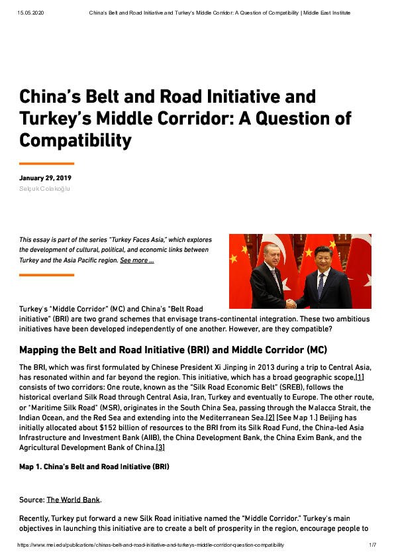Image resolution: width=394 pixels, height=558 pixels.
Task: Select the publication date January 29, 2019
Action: [x=45, y=178]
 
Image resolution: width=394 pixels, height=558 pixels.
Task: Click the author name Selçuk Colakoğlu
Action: [x=44, y=189]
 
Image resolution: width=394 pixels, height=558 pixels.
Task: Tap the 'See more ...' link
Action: [x=137, y=261]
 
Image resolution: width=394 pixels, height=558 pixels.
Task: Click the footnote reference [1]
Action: [x=360, y=377]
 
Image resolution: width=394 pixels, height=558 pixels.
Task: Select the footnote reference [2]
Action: [x=270, y=418]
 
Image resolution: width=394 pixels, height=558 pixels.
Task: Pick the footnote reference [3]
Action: [x=160, y=447]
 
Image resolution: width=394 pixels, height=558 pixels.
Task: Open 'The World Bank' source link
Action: [x=74, y=499]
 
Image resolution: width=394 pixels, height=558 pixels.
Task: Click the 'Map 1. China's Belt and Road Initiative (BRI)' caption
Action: [x=94, y=467]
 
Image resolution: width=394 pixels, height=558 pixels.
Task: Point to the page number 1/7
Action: [x=372, y=545]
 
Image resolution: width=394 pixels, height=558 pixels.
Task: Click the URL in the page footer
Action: [x=151, y=545]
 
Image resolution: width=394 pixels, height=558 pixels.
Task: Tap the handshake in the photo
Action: [x=291, y=303]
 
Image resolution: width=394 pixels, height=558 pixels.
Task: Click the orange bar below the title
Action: [x=46, y=163]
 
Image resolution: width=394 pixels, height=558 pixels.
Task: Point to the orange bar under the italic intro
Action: [x=46, y=274]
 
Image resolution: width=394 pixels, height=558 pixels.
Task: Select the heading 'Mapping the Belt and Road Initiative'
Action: [x=119, y=350]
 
